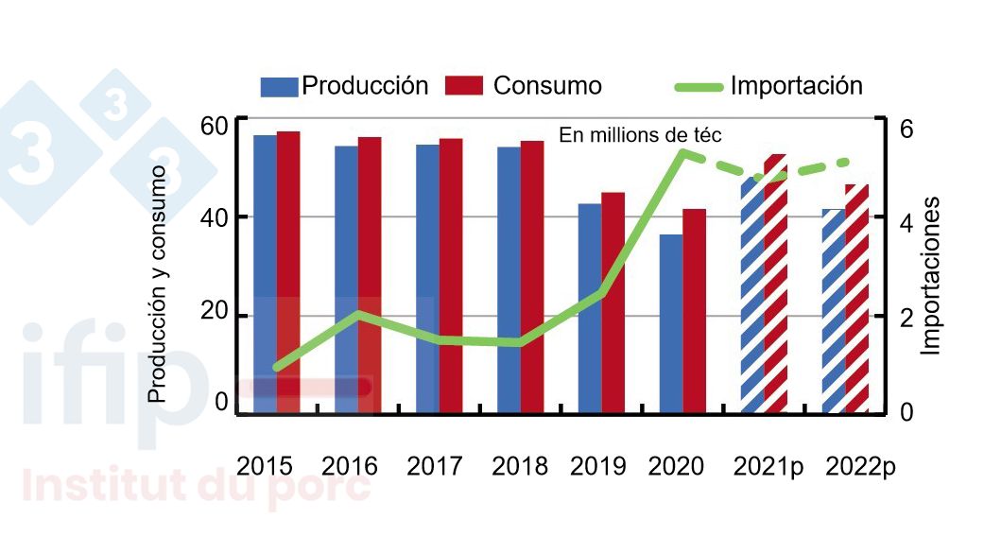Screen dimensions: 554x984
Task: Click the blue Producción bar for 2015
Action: tap(265, 274)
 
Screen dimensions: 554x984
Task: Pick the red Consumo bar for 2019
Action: tap(613, 303)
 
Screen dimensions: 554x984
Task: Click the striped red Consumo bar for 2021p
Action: tap(775, 284)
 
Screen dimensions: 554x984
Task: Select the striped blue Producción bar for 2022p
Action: tap(834, 311)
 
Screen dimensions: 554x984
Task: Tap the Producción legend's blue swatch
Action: tap(280, 86)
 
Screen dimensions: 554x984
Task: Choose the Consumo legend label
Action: tap(547, 86)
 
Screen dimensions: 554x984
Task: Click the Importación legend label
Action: tap(796, 86)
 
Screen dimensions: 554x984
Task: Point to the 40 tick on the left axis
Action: tap(215, 216)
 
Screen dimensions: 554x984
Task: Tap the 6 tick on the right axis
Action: tap(905, 128)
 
